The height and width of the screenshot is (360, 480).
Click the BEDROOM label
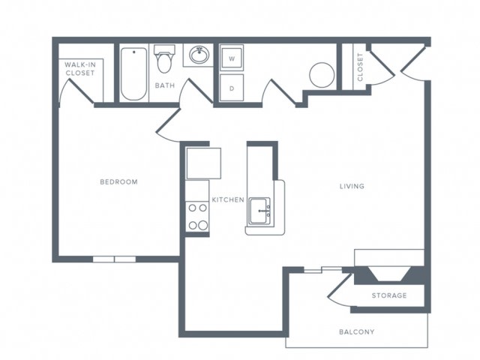point(118,181)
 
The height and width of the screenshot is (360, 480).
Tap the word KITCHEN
point(228,199)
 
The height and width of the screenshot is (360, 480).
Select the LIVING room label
point(352,186)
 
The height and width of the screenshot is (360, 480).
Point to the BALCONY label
point(357,331)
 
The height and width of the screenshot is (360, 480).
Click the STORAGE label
point(389,295)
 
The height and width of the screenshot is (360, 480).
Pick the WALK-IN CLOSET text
point(80,69)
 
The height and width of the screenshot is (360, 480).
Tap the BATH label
point(165,85)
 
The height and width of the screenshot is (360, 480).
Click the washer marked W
point(232,58)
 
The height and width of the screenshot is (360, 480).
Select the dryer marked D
point(232,88)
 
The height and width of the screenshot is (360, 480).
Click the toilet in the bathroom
point(164,59)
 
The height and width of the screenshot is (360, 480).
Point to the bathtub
point(133,73)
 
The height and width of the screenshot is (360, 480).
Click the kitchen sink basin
point(259,211)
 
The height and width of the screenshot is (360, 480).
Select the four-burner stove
point(197,217)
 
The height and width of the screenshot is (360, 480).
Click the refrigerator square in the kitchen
point(204,163)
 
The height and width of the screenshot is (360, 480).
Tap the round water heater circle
point(322,75)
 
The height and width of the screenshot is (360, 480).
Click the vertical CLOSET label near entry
point(360,67)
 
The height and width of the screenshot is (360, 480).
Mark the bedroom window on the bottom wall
point(114,259)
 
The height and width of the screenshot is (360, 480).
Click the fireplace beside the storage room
point(389,274)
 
